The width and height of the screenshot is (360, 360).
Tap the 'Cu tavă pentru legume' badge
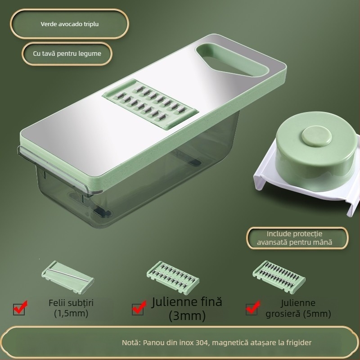67,53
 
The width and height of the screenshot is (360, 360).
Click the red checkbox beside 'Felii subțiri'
19,308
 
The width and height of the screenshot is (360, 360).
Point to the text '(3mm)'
187,316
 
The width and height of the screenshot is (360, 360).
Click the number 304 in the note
201,343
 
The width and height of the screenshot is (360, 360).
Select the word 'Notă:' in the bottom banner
132,343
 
